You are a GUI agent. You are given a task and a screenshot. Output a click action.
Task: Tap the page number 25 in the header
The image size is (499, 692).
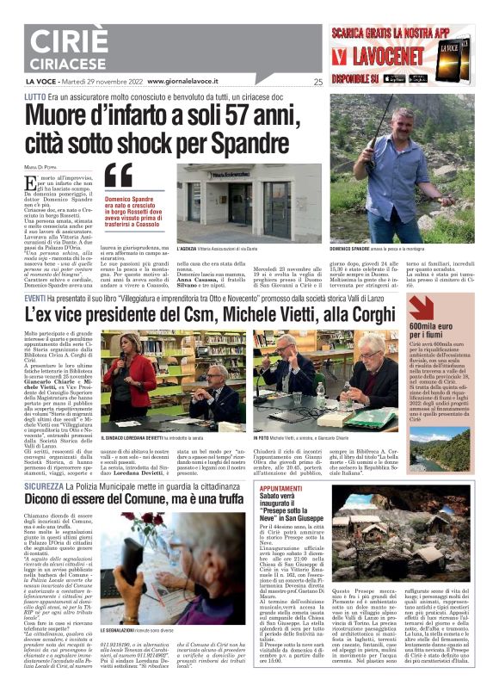[317, 83]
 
